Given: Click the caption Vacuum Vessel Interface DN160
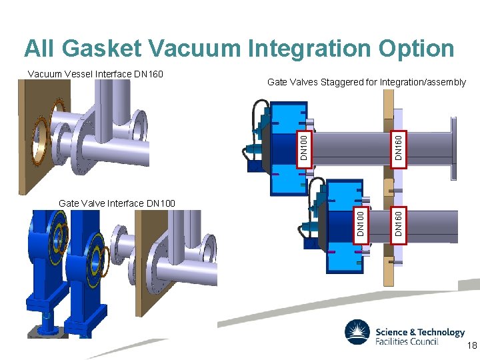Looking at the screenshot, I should click(95, 73).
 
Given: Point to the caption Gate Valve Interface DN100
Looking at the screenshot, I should click(117, 203).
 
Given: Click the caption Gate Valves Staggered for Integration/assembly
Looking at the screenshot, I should click(366, 82).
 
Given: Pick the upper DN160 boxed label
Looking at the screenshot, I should click(397, 146).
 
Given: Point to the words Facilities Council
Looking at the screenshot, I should click(407, 341).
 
